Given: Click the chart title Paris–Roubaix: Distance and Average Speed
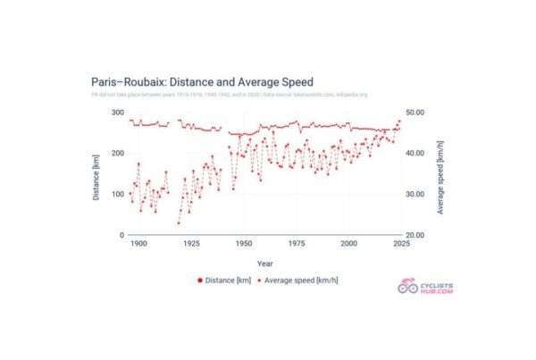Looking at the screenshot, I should pyautogui.click(x=202, y=82).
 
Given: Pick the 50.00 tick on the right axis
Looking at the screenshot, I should pyautogui.click(x=420, y=113).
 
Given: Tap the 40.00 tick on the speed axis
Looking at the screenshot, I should pyautogui.click(x=420, y=154).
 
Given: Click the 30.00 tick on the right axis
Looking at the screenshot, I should pyautogui.click(x=420, y=194).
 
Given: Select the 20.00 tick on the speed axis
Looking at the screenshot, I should pyautogui.click(x=420, y=235).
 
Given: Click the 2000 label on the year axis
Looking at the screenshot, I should pyautogui.click(x=348, y=244).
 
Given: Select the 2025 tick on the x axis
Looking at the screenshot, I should pyautogui.click(x=401, y=244).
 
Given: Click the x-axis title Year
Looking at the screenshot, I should pyautogui.click(x=265, y=264).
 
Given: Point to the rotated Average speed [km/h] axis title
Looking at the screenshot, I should pyautogui.click(x=441, y=174).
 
